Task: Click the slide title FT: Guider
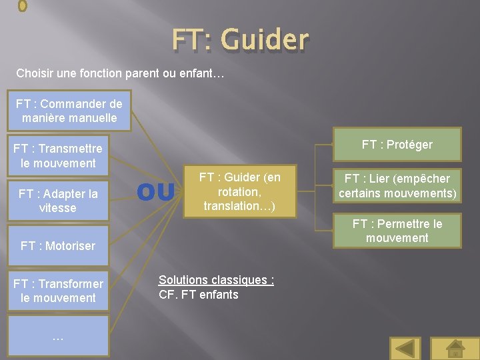pyautogui.click(x=240, y=40)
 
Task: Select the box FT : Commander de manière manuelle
pyautogui.click(x=69, y=111)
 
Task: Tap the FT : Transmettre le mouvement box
pyautogui.click(x=58, y=156)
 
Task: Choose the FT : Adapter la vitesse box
pyautogui.click(x=58, y=201)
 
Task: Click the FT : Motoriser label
pyautogui.click(x=58, y=246)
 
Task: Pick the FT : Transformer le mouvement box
pyautogui.click(x=58, y=291)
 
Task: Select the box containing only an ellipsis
pyautogui.click(x=58, y=336)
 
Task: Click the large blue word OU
pyautogui.click(x=155, y=193)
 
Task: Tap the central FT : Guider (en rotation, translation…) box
pyautogui.click(x=240, y=192)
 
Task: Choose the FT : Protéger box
pyautogui.click(x=397, y=145)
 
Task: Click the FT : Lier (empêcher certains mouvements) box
pyautogui.click(x=397, y=187)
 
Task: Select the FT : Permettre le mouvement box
pyautogui.click(x=397, y=231)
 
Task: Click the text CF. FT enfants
pyautogui.click(x=199, y=295)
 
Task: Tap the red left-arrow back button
pyautogui.click(x=405, y=349)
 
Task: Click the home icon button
pyautogui.click(x=455, y=349)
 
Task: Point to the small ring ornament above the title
pyautogui.click(x=22, y=5)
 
